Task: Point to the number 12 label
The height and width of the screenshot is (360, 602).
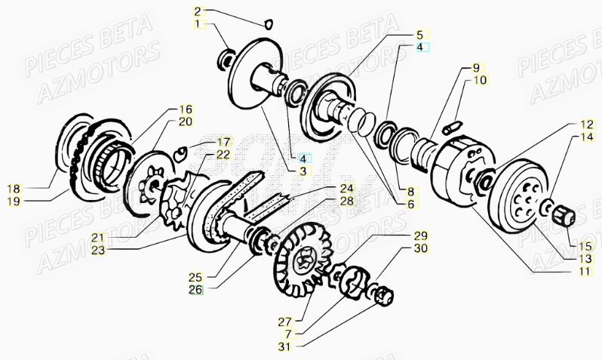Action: [x=587, y=124]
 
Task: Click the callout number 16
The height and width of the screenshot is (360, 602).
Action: [x=186, y=109]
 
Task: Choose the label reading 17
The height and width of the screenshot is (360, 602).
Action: [x=223, y=141]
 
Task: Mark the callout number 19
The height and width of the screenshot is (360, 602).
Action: [x=14, y=201]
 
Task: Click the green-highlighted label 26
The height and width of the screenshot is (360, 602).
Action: [x=195, y=288]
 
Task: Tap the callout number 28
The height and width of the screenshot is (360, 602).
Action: [x=346, y=201]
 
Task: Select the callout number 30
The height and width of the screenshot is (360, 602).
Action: [x=420, y=248]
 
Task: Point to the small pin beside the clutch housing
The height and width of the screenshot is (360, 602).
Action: [x=452, y=125]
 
